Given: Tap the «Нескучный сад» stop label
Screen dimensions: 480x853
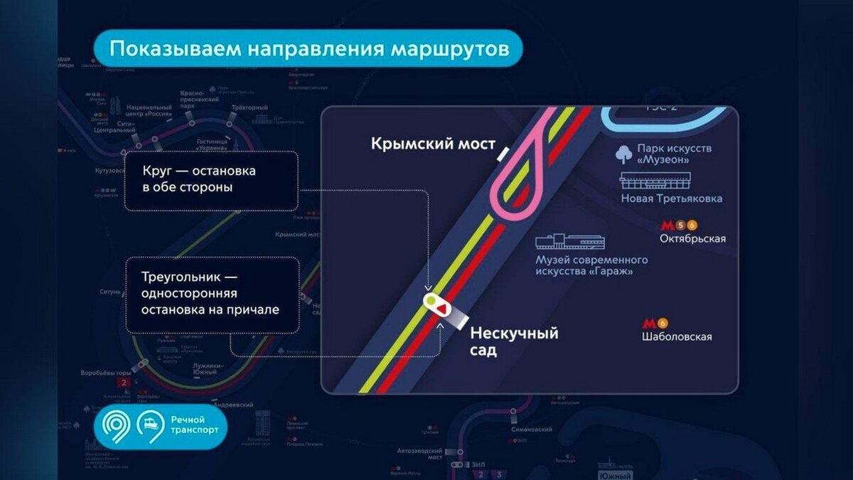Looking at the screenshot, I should coord(514,341).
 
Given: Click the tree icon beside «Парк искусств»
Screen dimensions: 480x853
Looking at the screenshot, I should coord(623,154).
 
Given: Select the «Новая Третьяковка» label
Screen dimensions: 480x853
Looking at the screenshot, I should coord(672,198).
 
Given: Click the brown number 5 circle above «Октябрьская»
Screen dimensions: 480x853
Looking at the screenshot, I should coord(680,225).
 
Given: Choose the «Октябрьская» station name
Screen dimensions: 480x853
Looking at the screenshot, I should coord(692,239).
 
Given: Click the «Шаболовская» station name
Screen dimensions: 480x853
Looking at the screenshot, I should coord(676,337).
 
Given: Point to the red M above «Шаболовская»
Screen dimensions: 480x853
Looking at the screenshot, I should coord(649,324).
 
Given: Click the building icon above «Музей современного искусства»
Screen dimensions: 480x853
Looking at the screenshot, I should coord(569,242).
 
